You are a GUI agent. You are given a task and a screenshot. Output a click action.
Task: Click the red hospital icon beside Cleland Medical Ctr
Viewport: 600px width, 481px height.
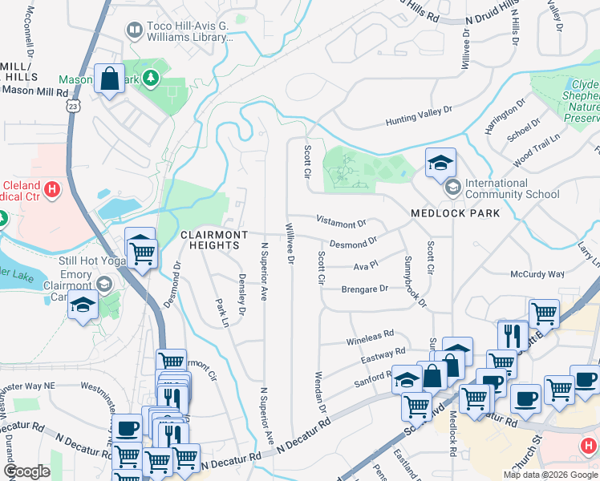[52, 190]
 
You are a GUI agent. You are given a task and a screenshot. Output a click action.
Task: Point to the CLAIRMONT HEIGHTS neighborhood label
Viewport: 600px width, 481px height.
[213, 234]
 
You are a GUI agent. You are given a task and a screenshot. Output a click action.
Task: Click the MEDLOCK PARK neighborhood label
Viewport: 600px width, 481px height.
[455, 213]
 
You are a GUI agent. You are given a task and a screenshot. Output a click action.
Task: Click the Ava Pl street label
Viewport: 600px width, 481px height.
[365, 265]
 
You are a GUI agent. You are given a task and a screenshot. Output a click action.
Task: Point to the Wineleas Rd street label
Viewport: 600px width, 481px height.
[370, 333]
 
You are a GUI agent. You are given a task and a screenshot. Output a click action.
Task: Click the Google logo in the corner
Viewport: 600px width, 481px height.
[26, 471]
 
